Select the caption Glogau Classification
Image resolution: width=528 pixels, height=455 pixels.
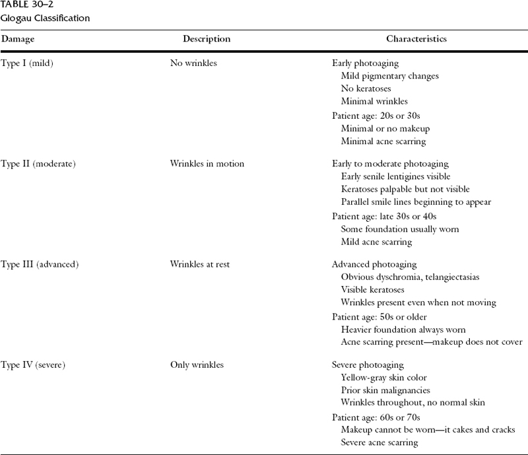tap(45, 18)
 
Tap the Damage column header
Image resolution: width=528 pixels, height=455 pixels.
tap(18, 39)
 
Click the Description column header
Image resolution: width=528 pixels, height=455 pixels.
tap(207, 39)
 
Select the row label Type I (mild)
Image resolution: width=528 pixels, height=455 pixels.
tap(32, 65)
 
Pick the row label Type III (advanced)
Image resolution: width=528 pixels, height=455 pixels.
tap(40, 264)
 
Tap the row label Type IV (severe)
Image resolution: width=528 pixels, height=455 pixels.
tap(36, 365)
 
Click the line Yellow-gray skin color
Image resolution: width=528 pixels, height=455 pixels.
tap(384, 377)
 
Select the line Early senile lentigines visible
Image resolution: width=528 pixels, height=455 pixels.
tap(395, 176)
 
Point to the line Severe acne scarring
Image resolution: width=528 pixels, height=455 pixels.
tap(379, 442)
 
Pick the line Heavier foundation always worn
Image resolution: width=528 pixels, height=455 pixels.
tap(403, 329)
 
